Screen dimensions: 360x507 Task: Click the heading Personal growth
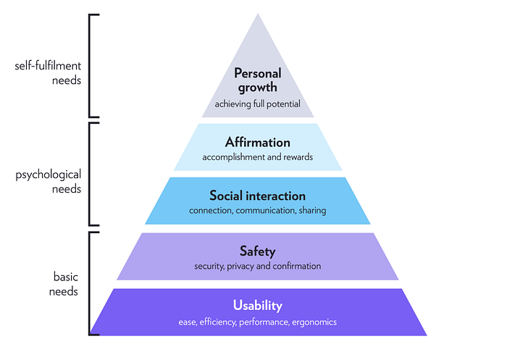click(257, 80)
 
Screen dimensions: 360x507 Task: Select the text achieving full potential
click(257, 104)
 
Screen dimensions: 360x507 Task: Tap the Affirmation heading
click(257, 142)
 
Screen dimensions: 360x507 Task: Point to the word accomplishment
click(235, 157)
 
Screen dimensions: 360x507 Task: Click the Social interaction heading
click(257, 196)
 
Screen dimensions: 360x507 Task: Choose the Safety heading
click(257, 251)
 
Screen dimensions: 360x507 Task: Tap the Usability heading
click(257, 305)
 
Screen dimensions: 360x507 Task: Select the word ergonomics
click(314, 321)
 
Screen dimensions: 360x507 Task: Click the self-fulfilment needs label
click(48, 72)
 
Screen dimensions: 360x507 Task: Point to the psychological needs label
click(48, 182)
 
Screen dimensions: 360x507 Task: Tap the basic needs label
click(65, 284)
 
